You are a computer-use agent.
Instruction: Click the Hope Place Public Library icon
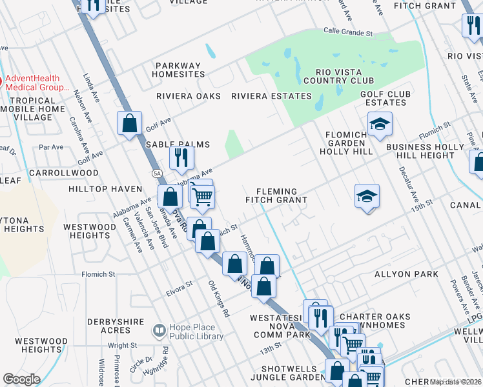[x=159, y=331]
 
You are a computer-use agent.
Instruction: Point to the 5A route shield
[x=157, y=174]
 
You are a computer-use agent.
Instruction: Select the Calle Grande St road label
[x=348, y=32]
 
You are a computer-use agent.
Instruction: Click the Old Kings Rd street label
[x=219, y=299]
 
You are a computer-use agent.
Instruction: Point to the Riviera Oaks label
[x=189, y=96]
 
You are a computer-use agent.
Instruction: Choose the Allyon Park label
[x=406, y=274]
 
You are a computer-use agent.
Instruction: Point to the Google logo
[x=21, y=379]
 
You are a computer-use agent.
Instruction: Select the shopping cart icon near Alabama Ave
[x=203, y=196]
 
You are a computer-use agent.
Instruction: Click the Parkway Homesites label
[x=178, y=70]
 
